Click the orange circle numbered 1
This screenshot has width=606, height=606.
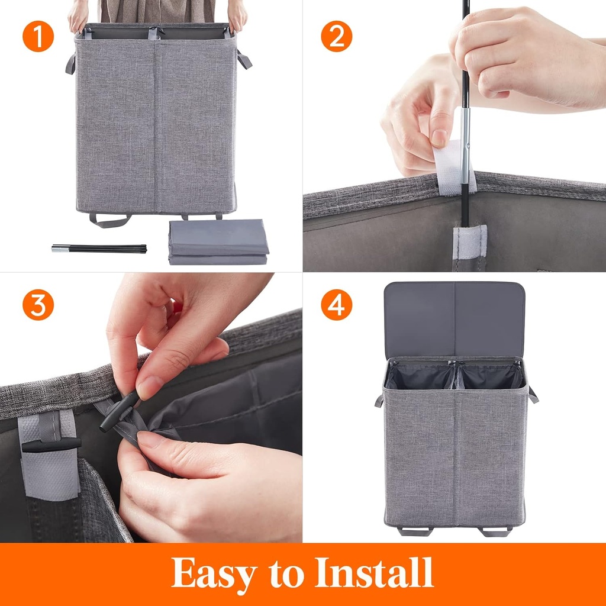tap(38, 37)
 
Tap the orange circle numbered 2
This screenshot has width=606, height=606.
tap(336, 37)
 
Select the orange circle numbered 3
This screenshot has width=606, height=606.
tap(38, 305)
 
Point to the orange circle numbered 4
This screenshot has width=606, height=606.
tap(336, 305)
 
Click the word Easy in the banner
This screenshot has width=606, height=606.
tap(214, 573)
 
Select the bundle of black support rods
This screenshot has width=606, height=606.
tap(99, 249)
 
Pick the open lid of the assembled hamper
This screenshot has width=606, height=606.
tap(454, 319)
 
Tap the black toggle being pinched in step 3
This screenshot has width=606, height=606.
tap(119, 411)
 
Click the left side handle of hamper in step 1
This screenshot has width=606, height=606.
tap(70, 63)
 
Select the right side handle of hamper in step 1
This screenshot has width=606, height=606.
tap(244, 59)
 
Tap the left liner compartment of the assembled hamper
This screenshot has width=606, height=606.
tap(421, 376)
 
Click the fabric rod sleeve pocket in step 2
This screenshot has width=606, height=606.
tap(469, 245)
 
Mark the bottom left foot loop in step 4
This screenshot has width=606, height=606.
tap(414, 531)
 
